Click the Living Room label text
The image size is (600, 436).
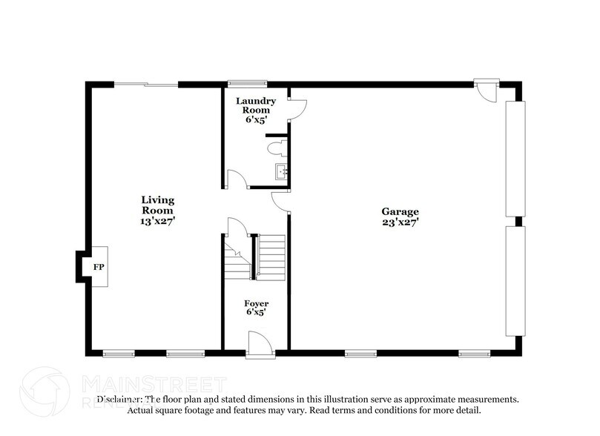[x=158, y=205]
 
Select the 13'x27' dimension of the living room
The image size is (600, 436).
[x=158, y=221]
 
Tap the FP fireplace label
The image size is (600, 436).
[x=98, y=265]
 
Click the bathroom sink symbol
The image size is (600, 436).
[x=281, y=172]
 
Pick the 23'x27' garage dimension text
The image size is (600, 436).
[x=401, y=221]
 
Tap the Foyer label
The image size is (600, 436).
[x=257, y=304]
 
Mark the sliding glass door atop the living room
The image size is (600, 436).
[x=146, y=85]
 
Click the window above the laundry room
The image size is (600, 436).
[x=237, y=83]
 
